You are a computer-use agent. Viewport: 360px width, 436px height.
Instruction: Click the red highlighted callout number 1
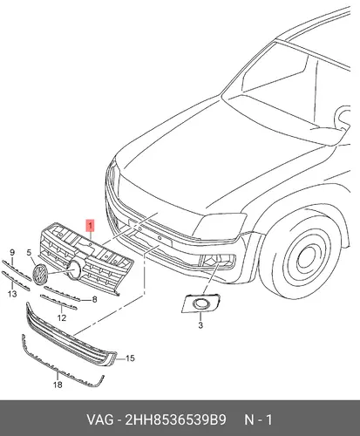point(91,225)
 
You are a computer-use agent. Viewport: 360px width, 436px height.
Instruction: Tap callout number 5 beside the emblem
point(29,253)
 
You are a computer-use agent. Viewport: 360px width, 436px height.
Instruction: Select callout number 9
point(12,252)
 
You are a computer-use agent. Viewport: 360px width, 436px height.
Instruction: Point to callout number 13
point(12,294)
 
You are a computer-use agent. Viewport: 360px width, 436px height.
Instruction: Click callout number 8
point(94,299)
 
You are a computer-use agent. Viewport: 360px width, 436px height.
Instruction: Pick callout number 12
point(62,317)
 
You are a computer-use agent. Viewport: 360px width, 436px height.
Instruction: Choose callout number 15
point(130,358)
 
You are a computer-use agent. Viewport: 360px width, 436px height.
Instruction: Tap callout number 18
point(58,385)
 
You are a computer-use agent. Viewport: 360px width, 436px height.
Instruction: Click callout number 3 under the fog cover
point(200,325)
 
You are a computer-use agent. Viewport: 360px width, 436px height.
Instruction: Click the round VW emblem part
point(40,275)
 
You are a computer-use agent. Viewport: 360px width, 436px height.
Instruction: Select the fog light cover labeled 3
point(200,303)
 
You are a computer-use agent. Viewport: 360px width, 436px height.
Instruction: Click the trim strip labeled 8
point(62,293)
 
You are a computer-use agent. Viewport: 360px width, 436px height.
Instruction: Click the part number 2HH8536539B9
point(175,419)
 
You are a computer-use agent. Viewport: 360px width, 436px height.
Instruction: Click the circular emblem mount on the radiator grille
point(77,269)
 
